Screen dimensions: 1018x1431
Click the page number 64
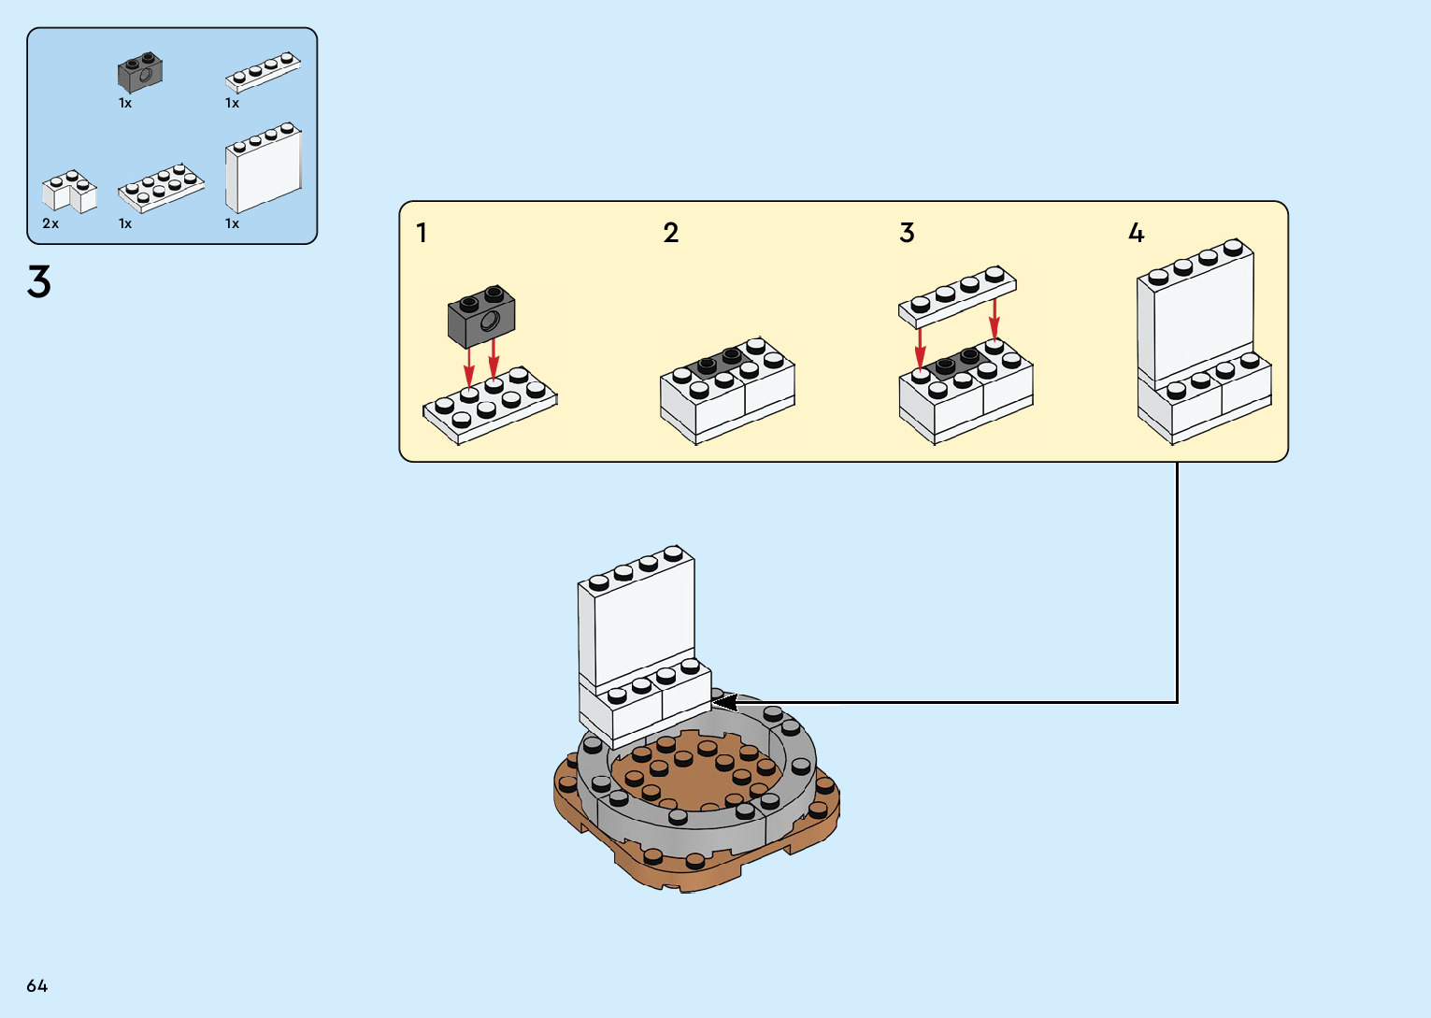pyautogui.click(x=36, y=985)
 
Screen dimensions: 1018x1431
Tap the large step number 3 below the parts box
pyautogui.click(x=38, y=282)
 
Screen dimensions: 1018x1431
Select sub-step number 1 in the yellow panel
pyautogui.click(x=422, y=233)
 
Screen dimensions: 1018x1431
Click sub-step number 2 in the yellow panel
pyautogui.click(x=670, y=233)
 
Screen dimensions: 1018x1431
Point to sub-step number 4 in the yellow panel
pyautogui.click(x=1136, y=233)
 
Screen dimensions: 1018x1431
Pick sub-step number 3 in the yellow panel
pyautogui.click(x=907, y=233)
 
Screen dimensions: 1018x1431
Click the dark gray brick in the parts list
pyautogui.click(x=140, y=72)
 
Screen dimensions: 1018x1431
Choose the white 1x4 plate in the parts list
pyautogui.click(x=263, y=71)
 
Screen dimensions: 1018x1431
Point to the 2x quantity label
pyautogui.click(x=50, y=223)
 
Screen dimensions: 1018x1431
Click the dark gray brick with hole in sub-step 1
pyautogui.click(x=481, y=316)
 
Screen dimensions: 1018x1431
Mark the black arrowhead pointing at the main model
pyautogui.click(x=724, y=701)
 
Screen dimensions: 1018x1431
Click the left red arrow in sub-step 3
pyautogui.click(x=921, y=348)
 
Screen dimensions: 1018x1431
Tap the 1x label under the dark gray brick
pyautogui.click(x=125, y=103)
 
